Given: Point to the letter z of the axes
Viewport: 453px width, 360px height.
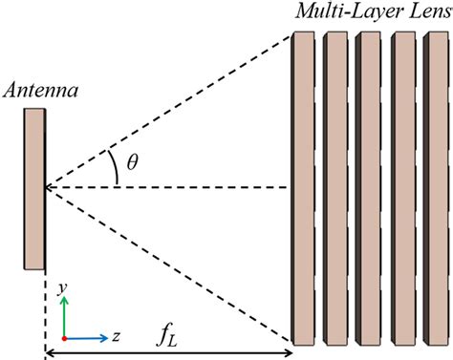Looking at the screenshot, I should tap(115, 337).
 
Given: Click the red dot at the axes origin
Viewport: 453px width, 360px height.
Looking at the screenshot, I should tap(64, 338).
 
